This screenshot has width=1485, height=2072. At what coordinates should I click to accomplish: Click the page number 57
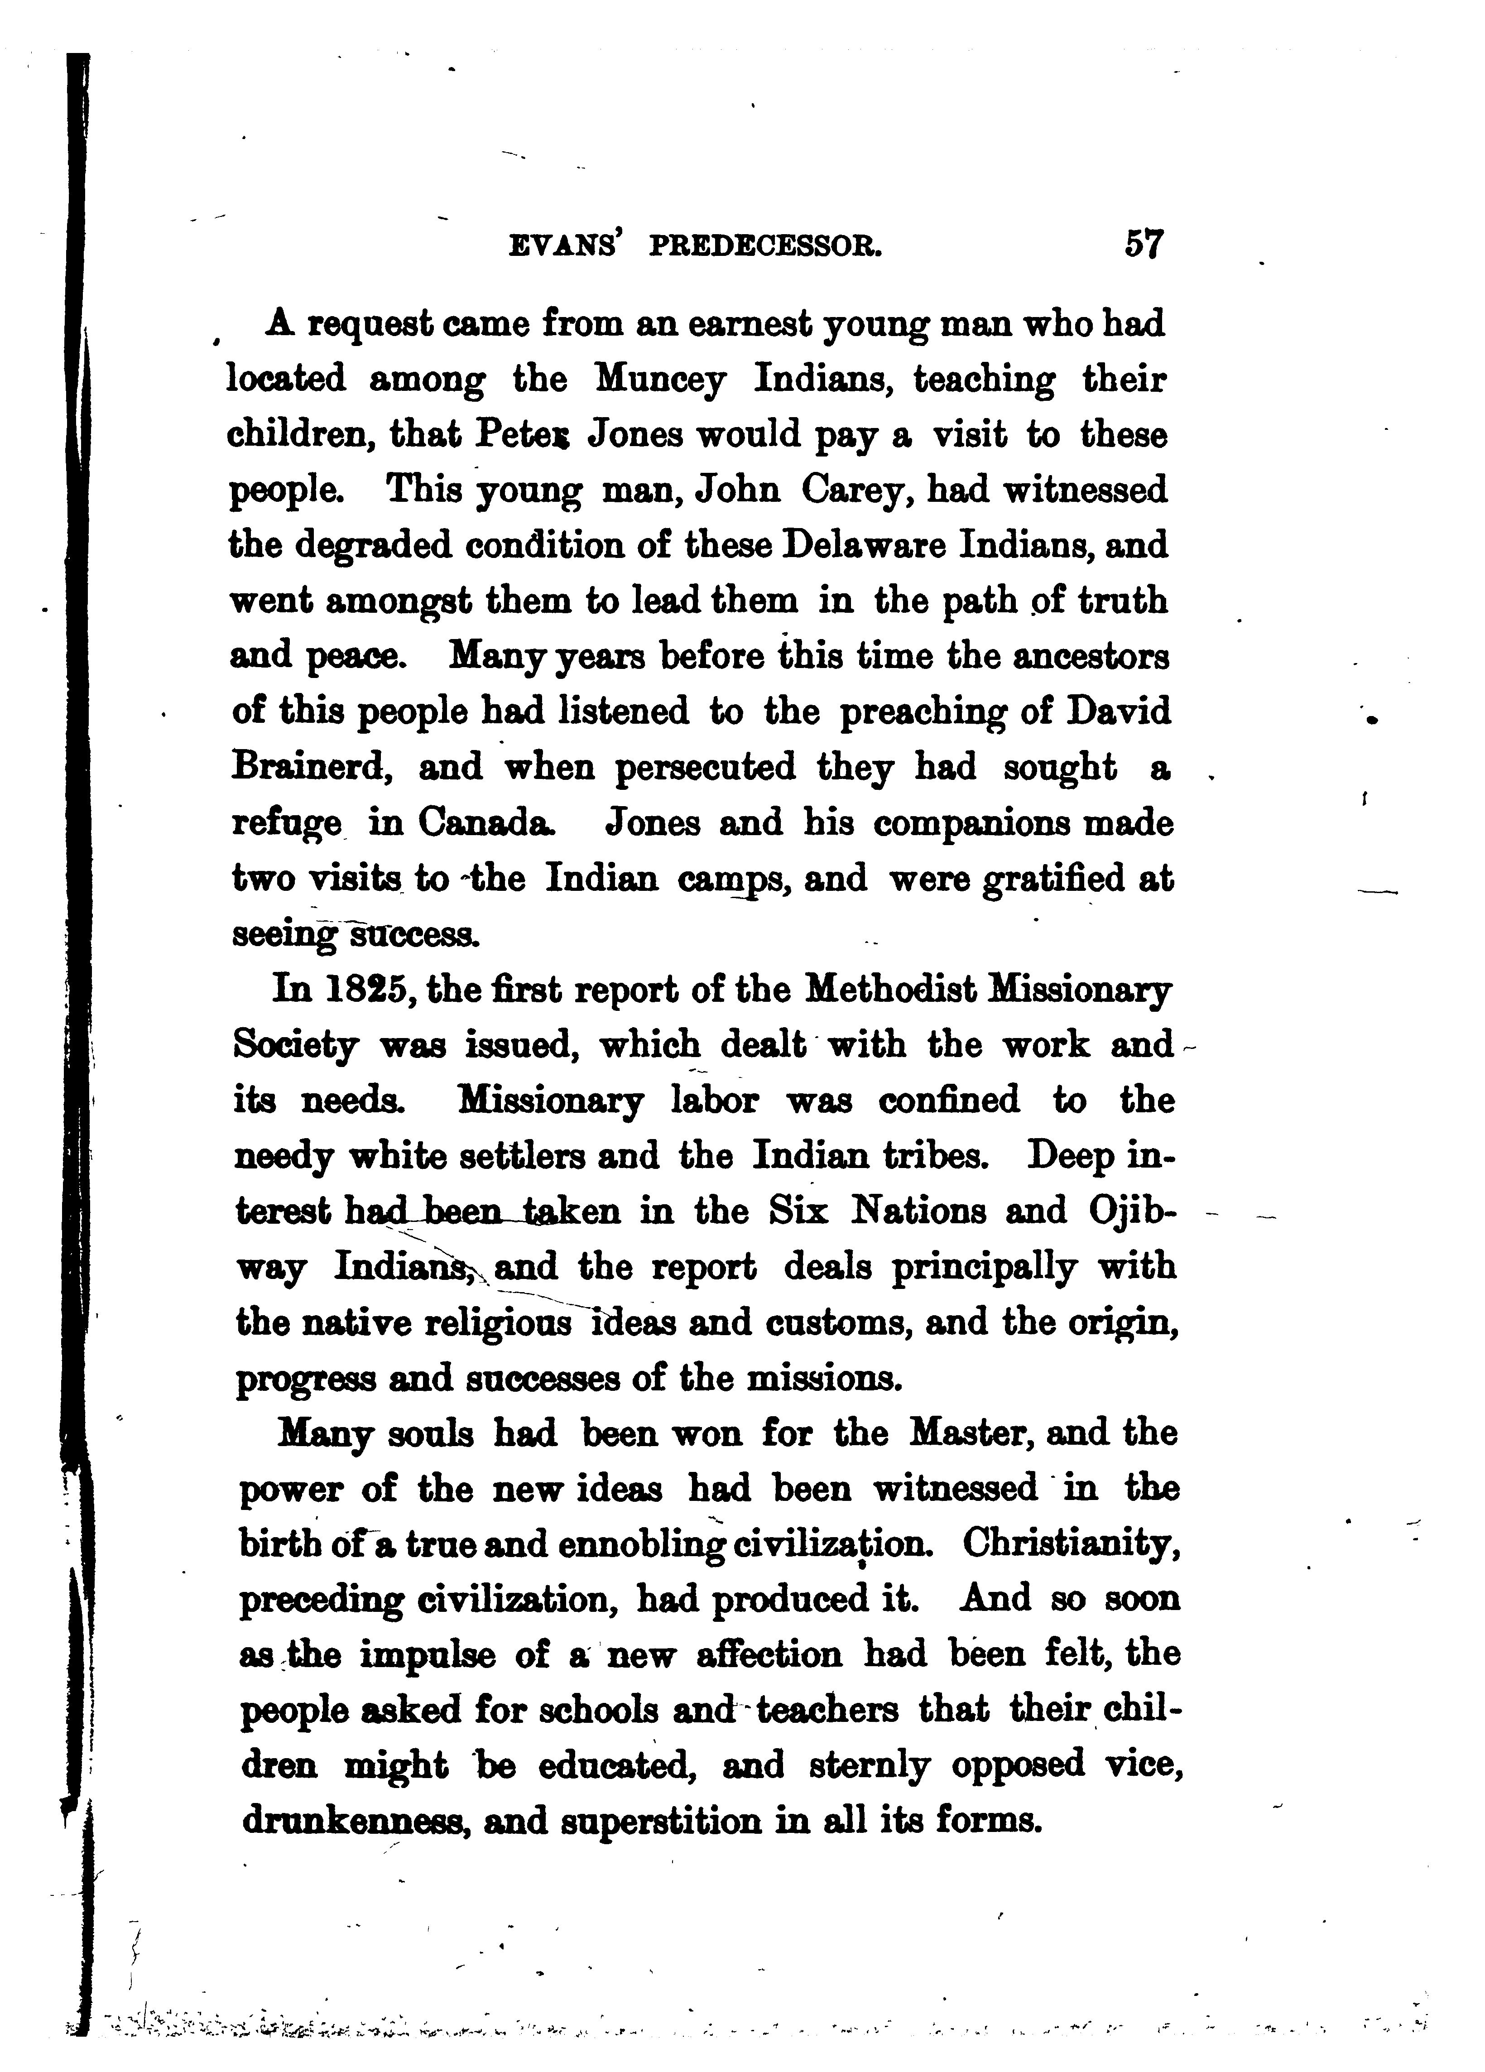pos(1143,245)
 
